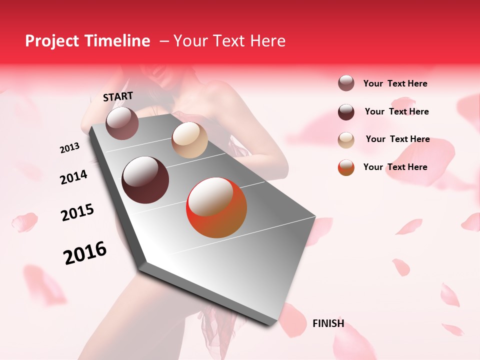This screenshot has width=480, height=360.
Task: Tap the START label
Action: pyautogui.click(x=118, y=96)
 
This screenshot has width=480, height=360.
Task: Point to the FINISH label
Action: pyautogui.click(x=328, y=323)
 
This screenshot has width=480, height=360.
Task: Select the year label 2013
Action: pyautogui.click(x=70, y=148)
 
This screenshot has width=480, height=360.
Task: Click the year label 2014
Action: pyautogui.click(x=74, y=177)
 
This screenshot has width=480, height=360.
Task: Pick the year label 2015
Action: pyautogui.click(x=77, y=212)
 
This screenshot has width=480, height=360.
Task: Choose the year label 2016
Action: pyautogui.click(x=85, y=252)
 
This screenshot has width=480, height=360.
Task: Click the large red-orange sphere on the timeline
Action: pyautogui.click(x=216, y=207)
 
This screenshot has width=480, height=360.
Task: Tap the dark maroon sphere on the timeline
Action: pyautogui.click(x=145, y=180)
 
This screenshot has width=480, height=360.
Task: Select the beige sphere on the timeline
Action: pyautogui.click(x=189, y=140)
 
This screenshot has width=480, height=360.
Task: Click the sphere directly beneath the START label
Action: pyautogui.click(x=122, y=123)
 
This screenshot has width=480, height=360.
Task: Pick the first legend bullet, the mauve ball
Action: pyautogui.click(x=346, y=83)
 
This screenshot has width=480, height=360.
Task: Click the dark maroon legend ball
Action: pyautogui.click(x=346, y=112)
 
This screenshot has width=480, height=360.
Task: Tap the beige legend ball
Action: pyautogui.click(x=346, y=140)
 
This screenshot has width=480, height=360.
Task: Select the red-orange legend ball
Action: pyautogui.click(x=346, y=167)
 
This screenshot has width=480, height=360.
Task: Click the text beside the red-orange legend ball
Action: pyautogui.click(x=395, y=167)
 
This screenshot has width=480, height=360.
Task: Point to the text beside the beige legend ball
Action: pyautogui.click(x=397, y=139)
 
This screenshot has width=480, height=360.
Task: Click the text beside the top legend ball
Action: pyautogui.click(x=395, y=83)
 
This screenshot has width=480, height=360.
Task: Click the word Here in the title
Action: pyautogui.click(x=268, y=41)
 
